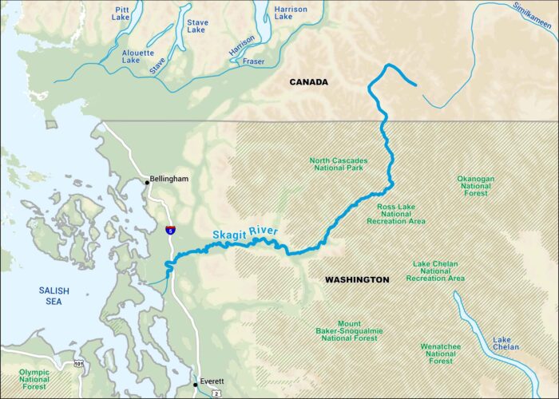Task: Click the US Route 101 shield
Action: pyautogui.click(x=79, y=364)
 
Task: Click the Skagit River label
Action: pyautogui.click(x=245, y=233)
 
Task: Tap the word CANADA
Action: pyautogui.click(x=310, y=82)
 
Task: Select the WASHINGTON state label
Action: pyautogui.click(x=357, y=280)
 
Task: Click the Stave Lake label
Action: pyautogui.click(x=197, y=27)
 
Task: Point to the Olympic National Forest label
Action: pyautogui.click(x=34, y=379)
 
